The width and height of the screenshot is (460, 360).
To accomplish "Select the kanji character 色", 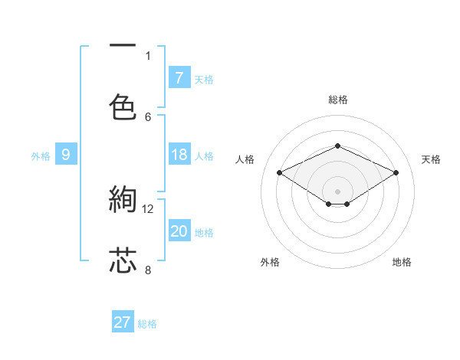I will pos(123,106).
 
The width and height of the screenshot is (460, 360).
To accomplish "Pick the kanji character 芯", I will pos(123,260).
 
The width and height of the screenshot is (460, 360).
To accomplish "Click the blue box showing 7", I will pos(179,77).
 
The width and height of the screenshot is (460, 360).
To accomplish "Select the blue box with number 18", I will pos(179,155).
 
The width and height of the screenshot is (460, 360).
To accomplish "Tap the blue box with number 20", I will pos(179,231).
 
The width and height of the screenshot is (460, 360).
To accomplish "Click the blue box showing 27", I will pos(123,322).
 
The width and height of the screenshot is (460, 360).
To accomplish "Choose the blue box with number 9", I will pos(66,155).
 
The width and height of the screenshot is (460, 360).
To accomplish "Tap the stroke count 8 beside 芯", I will pos(148,270).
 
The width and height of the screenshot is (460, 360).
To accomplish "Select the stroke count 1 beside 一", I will pos(148,55).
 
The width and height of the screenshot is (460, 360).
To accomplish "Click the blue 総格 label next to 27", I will pos(147,324).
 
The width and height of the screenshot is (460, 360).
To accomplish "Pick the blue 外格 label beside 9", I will pos(41,156).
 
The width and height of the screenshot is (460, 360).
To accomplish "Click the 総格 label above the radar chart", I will pos(337,100).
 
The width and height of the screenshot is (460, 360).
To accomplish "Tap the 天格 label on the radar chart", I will pos(431,159).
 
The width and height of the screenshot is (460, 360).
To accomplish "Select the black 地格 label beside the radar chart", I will pos(402,262).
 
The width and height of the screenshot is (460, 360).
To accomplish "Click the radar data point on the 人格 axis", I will pos(280,172).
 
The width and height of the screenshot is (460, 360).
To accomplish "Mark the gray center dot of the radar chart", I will pos(337,191).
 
